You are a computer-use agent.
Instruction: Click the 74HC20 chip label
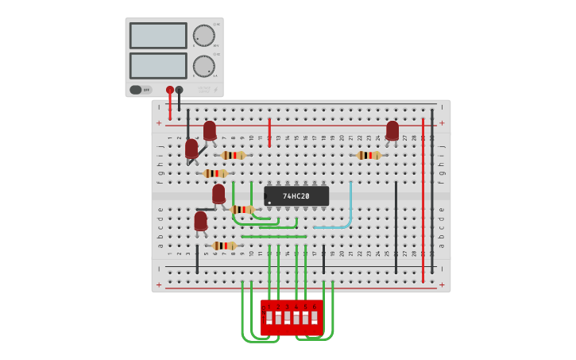296,195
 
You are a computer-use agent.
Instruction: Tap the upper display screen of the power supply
158,36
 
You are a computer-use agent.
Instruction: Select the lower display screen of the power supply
158,65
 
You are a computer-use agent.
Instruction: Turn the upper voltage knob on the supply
203,36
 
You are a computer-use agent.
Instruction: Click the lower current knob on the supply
203,66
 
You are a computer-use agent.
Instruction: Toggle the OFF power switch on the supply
140,90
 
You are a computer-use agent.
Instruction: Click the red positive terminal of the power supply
170,90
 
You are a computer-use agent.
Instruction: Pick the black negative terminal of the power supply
180,90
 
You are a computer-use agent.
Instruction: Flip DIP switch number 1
269,318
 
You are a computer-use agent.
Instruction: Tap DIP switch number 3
288,318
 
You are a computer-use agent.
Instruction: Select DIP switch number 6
315,318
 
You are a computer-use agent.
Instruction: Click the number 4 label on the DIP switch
296,307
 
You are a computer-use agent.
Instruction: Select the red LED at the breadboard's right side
392,130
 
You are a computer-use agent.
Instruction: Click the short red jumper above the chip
269,131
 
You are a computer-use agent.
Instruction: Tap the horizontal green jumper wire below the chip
273,236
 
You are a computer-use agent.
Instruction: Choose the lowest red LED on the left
200,221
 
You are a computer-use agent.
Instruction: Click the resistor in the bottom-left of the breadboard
224,246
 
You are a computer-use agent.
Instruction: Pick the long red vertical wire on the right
423,199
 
